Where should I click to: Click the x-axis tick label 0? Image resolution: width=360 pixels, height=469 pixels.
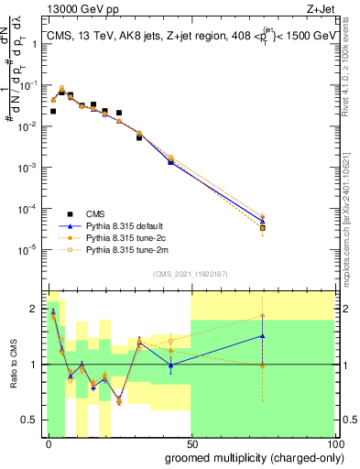click(x=49, y=442)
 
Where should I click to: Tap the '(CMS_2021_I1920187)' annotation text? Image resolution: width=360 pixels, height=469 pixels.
click(x=190, y=274)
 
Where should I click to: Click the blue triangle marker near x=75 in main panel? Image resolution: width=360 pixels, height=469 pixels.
click(x=263, y=221)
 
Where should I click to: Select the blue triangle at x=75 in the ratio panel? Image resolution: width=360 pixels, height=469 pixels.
click(x=263, y=335)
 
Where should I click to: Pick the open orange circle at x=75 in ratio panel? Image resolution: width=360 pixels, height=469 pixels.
click(x=263, y=316)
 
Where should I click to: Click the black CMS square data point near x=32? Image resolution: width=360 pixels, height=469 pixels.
click(x=139, y=137)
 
